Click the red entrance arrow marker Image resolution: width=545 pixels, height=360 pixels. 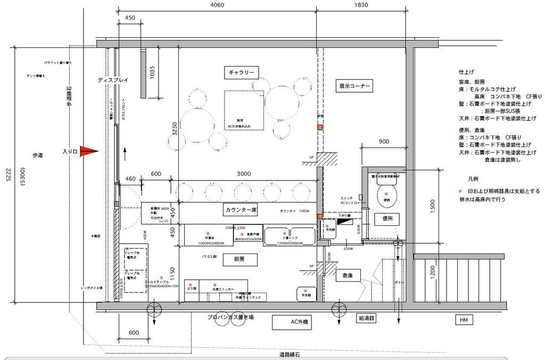pos(89,151)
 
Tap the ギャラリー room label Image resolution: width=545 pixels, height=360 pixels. pos(242,72)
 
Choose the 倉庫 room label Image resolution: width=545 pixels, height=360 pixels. pos(349,276)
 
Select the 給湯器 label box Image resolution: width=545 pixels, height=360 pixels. pos(367,318)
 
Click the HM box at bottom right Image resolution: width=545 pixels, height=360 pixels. pos(463,320)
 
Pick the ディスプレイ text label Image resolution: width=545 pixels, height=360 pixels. pos(113,80)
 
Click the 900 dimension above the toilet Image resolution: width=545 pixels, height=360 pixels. pos(384,142)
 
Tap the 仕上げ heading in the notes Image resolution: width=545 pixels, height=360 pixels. pos(466,71)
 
